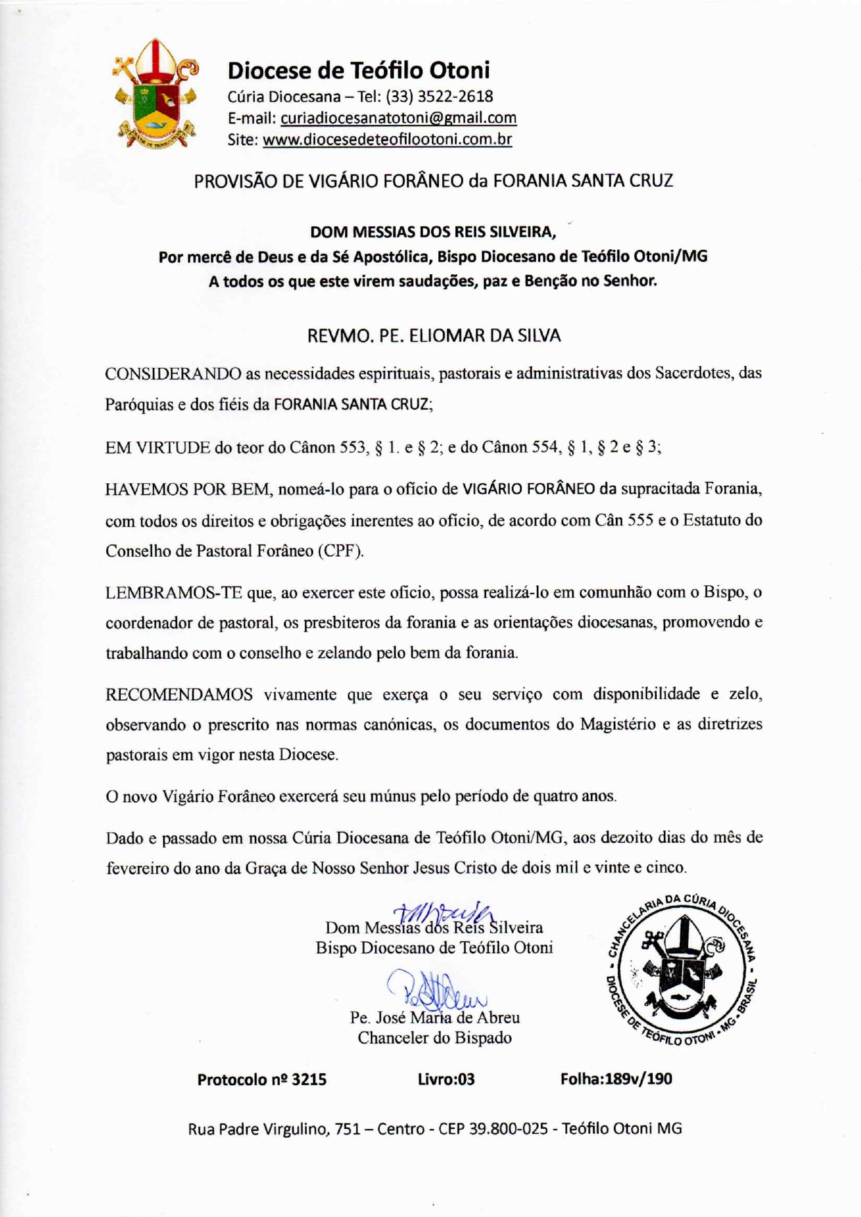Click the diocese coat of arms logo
[x=156, y=94]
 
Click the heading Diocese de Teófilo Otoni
[x=358, y=70]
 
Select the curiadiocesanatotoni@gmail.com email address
[x=398, y=118]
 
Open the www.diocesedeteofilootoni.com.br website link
[x=387, y=140]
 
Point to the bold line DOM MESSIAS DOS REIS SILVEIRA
[x=433, y=232]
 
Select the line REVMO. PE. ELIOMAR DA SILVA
[x=433, y=336]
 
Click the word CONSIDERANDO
[x=173, y=374]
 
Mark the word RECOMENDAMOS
[x=179, y=695]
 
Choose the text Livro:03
[x=446, y=1080]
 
